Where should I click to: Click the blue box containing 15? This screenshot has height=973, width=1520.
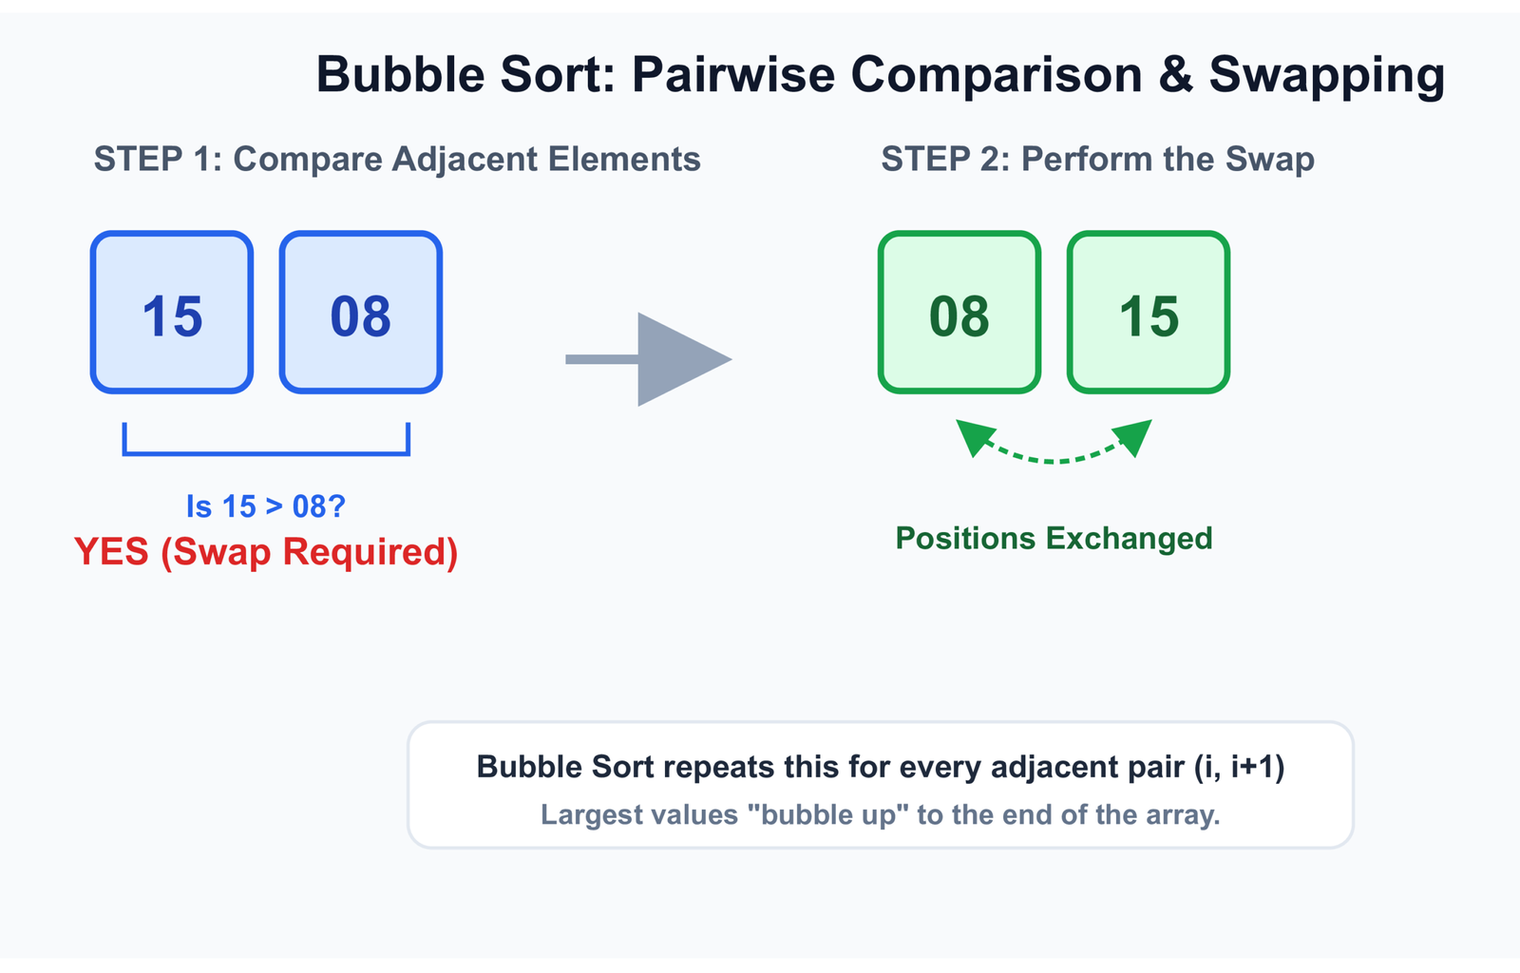[x=172, y=312]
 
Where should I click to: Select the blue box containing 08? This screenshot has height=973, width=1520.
[x=361, y=312]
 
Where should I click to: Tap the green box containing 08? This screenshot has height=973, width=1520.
[x=959, y=312]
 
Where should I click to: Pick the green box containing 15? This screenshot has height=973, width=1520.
[x=1149, y=312]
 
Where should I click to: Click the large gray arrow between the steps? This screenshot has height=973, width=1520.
[x=649, y=359]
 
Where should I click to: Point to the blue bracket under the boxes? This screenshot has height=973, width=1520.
[x=266, y=452]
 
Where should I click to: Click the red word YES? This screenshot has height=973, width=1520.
[x=111, y=551]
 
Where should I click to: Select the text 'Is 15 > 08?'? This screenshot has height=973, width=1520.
[x=266, y=506]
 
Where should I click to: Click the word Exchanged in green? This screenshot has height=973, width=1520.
[x=1130, y=538]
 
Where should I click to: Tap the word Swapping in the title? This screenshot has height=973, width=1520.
[x=1326, y=76]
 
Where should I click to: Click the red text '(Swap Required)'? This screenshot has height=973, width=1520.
[x=310, y=552]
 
